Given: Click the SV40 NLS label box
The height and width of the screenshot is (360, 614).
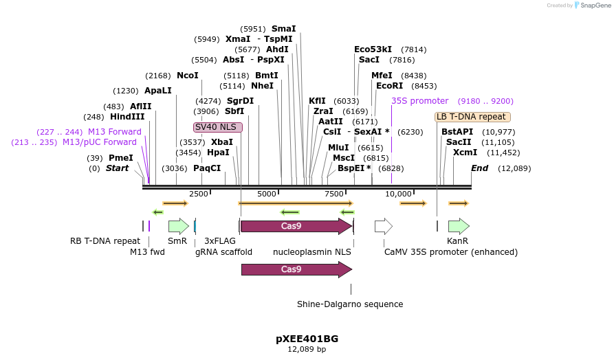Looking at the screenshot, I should [x=218, y=127].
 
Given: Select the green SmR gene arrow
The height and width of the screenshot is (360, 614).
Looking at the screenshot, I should [x=178, y=226].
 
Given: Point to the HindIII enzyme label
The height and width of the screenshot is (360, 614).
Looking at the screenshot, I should [x=127, y=117].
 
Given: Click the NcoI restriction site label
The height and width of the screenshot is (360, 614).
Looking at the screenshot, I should [x=187, y=75].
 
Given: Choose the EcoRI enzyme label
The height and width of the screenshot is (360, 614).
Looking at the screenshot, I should [x=389, y=86].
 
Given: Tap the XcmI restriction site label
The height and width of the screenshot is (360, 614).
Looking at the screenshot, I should [x=465, y=153].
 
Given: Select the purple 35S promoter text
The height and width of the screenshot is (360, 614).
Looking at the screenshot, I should [x=419, y=100].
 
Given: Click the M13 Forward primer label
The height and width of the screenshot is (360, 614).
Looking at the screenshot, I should [x=114, y=132].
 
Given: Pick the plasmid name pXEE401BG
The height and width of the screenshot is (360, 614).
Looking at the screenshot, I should [x=307, y=339].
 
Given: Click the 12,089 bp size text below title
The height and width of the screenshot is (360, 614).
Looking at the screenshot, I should [x=307, y=350].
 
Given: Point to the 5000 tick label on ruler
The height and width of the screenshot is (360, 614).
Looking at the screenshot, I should [x=266, y=194].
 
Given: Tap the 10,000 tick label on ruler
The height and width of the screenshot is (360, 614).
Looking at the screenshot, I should [x=399, y=194].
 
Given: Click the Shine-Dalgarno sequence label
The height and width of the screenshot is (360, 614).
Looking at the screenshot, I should [x=350, y=304].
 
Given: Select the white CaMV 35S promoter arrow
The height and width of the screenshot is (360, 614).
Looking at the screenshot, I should [x=383, y=226].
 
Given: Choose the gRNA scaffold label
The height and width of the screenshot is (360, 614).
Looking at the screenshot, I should [x=223, y=252].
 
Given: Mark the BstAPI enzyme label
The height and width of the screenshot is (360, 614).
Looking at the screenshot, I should [x=457, y=132].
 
